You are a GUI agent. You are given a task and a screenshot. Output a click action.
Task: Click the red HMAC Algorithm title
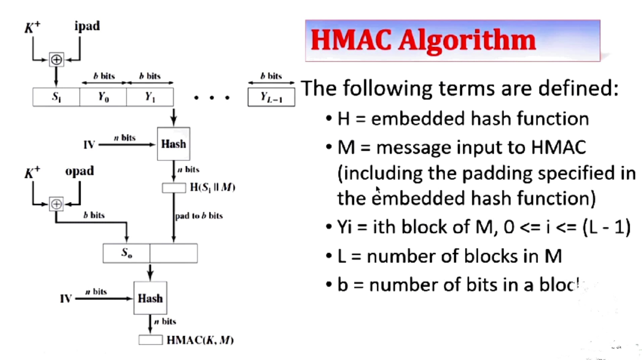click(x=423, y=41)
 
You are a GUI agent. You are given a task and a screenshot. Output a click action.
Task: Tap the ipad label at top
click(x=87, y=26)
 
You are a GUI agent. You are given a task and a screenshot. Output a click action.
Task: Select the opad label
click(x=79, y=171)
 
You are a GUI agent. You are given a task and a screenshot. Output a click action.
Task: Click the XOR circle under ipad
click(x=56, y=60)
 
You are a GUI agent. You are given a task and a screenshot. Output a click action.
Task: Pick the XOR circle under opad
click(x=56, y=204)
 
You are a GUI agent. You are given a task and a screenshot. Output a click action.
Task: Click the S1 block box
click(x=56, y=97)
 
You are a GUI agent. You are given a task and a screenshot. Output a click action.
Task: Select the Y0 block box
click(x=103, y=97)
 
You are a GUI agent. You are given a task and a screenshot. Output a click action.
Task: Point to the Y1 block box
click(x=150, y=97)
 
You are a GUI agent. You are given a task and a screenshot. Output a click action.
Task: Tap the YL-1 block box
click(x=271, y=97)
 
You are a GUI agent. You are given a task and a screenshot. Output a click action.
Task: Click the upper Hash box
click(x=174, y=144)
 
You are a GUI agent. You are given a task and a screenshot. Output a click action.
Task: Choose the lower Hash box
click(x=150, y=298)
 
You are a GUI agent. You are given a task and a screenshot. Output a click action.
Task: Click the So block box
click(x=126, y=253)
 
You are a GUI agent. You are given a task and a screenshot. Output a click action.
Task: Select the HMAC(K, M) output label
click(x=200, y=340)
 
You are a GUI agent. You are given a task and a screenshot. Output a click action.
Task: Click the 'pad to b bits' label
click(x=199, y=216)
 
